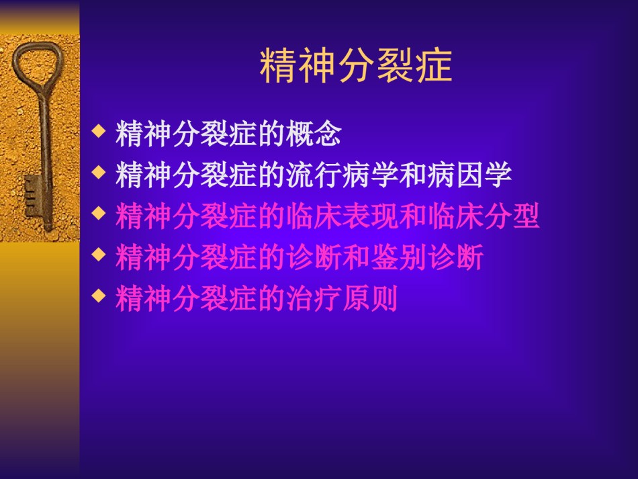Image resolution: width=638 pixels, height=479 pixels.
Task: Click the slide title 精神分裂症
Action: (x=356, y=66)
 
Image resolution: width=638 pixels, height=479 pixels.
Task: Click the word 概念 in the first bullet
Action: (x=314, y=134)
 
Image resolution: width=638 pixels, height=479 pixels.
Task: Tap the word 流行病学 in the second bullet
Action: (x=343, y=175)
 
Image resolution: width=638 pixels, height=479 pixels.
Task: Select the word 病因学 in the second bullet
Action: (x=469, y=175)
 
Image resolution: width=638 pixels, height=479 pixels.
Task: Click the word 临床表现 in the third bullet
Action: (x=343, y=216)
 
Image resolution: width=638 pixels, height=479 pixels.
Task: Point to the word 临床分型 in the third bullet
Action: (x=484, y=216)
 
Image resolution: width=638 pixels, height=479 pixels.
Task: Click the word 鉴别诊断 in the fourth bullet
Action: (x=427, y=257)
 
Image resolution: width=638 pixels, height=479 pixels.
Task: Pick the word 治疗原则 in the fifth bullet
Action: (x=343, y=298)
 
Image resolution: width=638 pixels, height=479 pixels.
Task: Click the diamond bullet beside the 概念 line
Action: (x=99, y=131)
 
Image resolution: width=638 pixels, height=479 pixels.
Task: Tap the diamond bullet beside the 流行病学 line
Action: (x=99, y=172)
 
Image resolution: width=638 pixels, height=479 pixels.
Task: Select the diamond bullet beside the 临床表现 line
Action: (x=99, y=213)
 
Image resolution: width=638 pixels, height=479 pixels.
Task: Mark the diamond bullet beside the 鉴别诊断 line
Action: (x=99, y=255)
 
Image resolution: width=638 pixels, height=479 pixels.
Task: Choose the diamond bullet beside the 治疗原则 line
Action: (x=99, y=296)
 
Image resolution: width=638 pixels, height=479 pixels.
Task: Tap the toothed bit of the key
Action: (x=32, y=197)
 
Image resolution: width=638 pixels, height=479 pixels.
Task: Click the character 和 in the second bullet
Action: (x=413, y=175)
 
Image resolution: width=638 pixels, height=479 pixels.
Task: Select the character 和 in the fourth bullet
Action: (x=357, y=257)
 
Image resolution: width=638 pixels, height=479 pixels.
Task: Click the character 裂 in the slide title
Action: (x=395, y=66)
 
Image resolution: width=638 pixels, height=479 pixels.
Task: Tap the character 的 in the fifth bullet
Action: (x=271, y=298)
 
